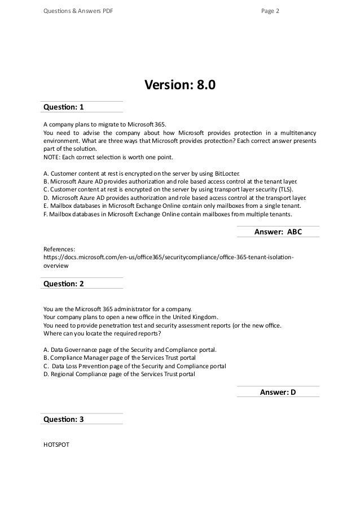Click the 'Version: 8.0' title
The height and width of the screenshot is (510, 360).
(180, 85)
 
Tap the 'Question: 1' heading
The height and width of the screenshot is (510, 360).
(63, 107)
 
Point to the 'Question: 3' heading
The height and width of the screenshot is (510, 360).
(63, 419)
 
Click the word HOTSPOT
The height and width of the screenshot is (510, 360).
(56, 444)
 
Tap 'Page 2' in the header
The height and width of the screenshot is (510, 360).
(270, 10)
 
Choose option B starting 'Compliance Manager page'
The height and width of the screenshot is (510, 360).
(120, 358)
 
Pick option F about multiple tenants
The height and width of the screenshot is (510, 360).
(168, 215)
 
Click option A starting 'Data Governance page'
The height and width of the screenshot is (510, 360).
(129, 350)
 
